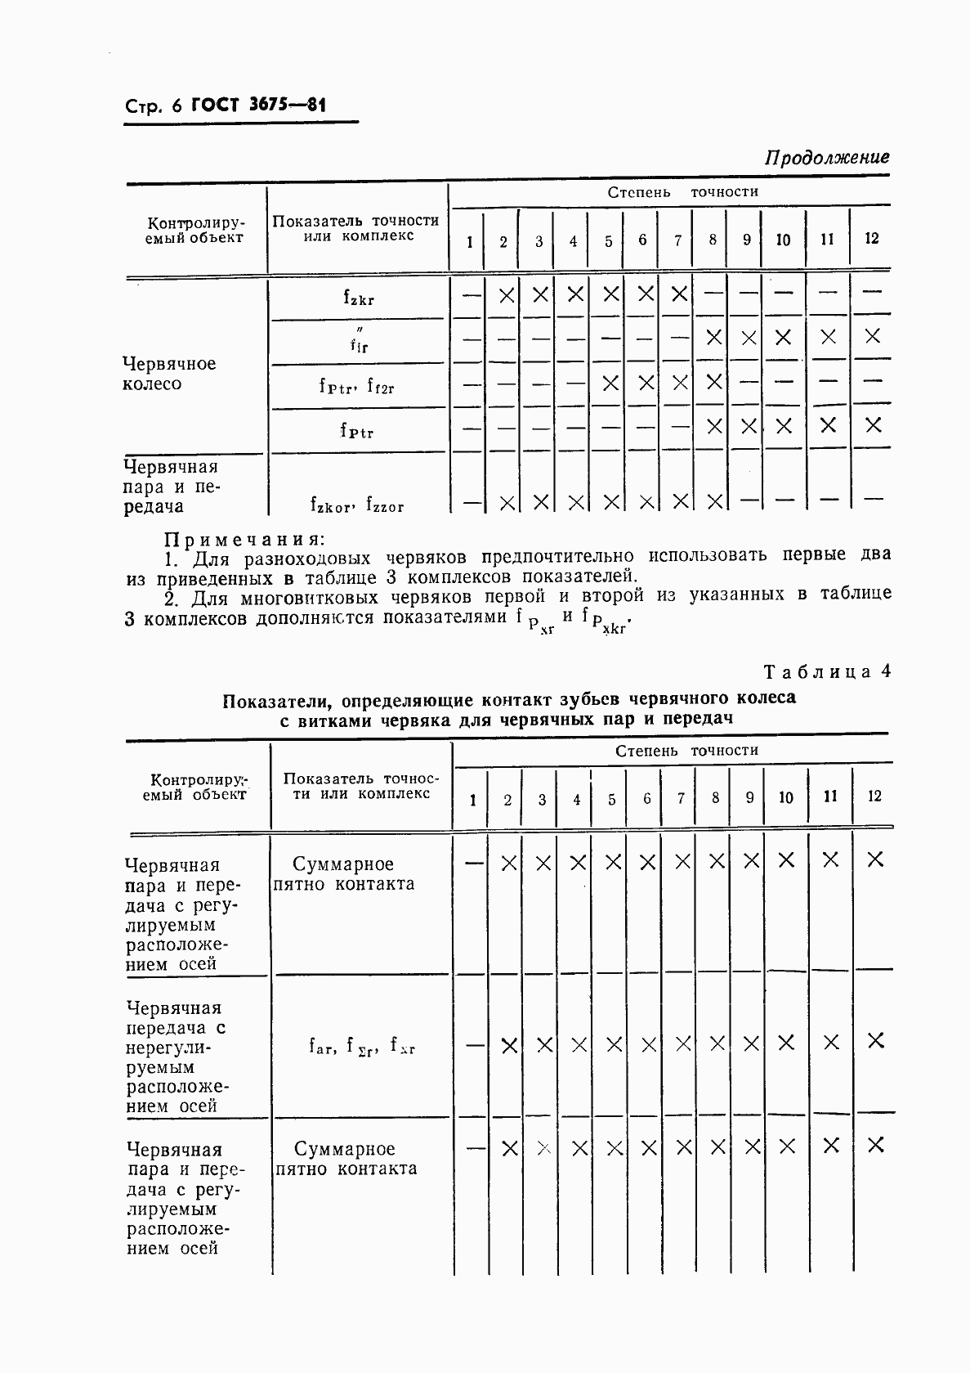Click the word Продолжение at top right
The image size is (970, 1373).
[826, 157]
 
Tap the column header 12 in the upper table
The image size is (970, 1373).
[871, 239]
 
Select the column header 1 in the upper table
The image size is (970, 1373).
[469, 241]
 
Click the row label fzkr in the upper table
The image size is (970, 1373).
[358, 298]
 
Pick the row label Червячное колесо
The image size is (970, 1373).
[169, 374]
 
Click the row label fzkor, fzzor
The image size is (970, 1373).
[357, 504]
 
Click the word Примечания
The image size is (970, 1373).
[244, 539]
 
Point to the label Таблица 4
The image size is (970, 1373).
[826, 671]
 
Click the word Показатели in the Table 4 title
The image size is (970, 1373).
[277, 700]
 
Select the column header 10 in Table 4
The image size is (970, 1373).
[785, 797]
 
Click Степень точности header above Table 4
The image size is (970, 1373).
[686, 751]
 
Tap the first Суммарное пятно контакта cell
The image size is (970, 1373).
[343, 873]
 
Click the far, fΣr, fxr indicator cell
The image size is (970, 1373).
[361, 1044]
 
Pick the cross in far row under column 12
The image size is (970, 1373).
[875, 1040]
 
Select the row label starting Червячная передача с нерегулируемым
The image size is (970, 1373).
[177, 1057]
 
